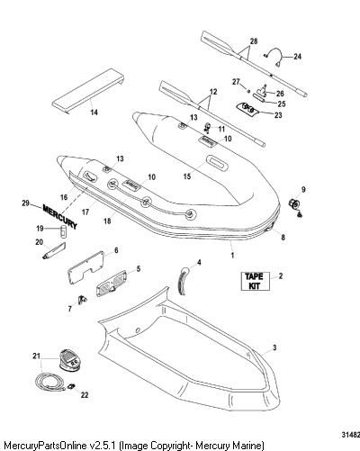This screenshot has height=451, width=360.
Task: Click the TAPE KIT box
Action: (256, 281)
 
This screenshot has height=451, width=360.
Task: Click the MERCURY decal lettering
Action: (60, 216)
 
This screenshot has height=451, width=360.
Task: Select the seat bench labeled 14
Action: (88, 91)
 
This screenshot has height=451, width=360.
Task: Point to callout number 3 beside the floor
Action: (274, 348)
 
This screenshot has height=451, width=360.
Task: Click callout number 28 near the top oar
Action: (254, 41)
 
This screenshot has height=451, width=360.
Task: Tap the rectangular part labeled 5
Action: (111, 283)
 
